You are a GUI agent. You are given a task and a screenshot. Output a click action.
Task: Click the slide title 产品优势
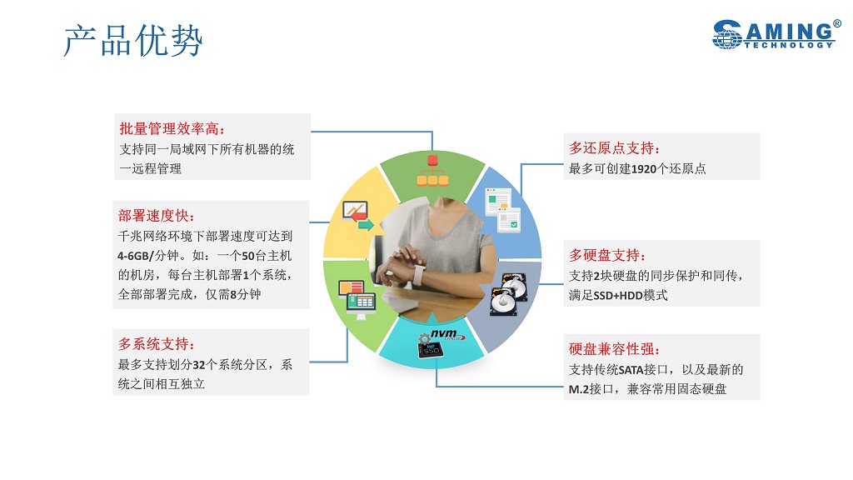point(133,40)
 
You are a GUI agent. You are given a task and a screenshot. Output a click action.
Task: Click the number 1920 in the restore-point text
point(644,169)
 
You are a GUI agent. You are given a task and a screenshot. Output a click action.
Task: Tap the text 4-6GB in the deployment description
point(133,256)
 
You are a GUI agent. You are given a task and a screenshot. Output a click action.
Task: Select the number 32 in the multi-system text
point(199,365)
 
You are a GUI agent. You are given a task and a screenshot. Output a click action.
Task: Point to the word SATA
point(631,370)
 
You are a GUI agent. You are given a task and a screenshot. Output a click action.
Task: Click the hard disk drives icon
point(509,294)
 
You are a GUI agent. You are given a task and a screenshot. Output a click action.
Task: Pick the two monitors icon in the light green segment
point(357,299)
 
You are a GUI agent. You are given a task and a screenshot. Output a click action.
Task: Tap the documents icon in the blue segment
point(502,210)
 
